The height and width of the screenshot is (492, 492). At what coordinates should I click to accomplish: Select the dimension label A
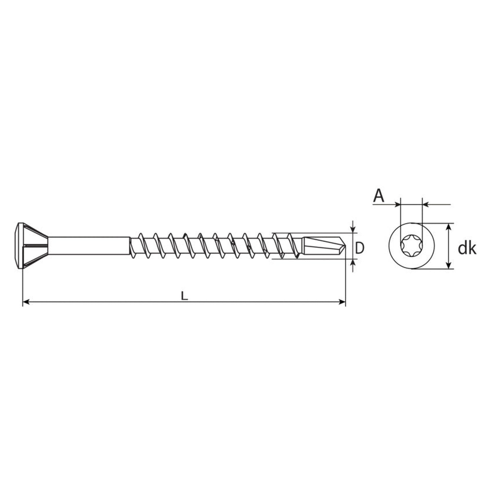(x=379, y=196)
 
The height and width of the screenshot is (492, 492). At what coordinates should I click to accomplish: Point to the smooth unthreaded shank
(x=89, y=246)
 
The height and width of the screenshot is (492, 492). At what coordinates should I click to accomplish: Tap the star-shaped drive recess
(x=411, y=246)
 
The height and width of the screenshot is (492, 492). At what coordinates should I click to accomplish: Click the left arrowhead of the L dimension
(x=26, y=302)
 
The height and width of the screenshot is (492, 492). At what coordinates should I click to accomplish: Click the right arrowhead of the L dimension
(x=342, y=302)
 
